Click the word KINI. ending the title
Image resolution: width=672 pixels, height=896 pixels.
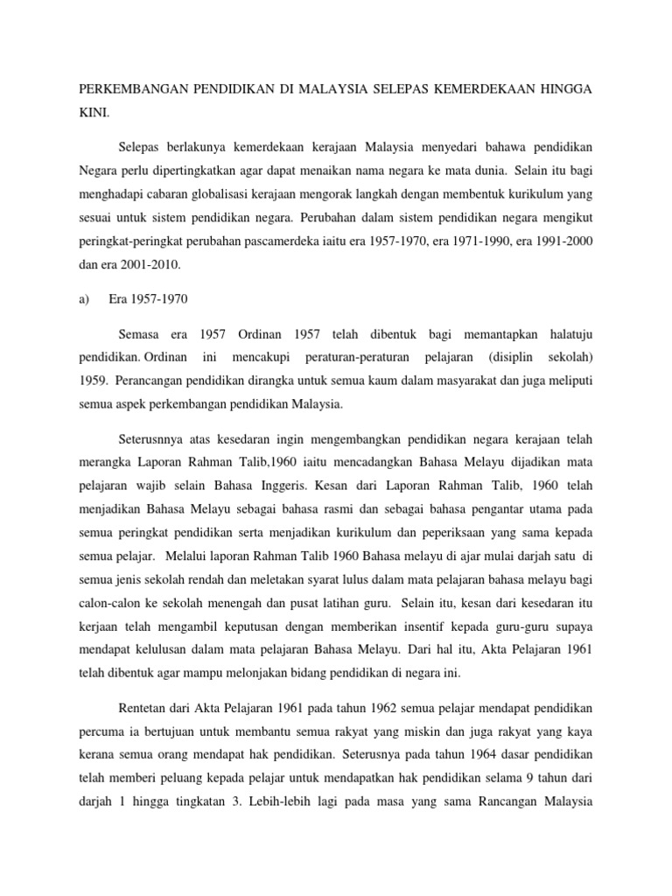(94, 114)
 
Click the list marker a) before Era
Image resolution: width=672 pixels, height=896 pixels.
(85, 298)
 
